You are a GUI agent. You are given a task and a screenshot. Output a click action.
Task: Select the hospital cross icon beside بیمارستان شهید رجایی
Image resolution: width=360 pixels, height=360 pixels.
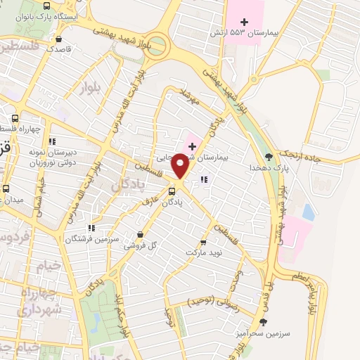coord(191,146)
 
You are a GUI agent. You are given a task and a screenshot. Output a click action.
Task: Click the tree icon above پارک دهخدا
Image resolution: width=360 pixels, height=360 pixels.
coord(270,157)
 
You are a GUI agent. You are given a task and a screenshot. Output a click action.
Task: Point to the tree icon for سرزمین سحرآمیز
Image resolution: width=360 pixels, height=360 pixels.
coord(264,322)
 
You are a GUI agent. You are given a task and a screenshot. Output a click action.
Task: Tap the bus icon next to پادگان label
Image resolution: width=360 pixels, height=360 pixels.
coord(172,191)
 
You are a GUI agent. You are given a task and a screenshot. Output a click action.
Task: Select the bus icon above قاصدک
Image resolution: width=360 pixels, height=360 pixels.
coord(59,39)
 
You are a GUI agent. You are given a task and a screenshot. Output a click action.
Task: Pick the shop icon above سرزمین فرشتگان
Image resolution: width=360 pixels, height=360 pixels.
coord(91,228)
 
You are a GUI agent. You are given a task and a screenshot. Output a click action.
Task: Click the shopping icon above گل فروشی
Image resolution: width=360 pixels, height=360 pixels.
coord(141,235)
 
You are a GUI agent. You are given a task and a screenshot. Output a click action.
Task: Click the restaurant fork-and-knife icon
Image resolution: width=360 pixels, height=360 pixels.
coord(204,180)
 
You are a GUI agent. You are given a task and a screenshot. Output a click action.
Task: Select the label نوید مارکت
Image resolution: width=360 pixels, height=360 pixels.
coord(204,251)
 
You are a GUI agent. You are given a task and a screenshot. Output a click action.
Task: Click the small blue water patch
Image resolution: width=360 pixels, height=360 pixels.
coord(308,211)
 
